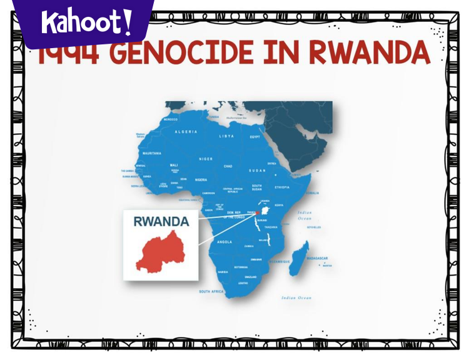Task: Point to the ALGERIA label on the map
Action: tap(186, 132)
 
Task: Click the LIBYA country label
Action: tap(226, 136)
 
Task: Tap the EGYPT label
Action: tap(255, 136)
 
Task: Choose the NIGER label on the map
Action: tap(206, 159)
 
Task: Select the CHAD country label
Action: tap(228, 166)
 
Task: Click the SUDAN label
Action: tap(258, 170)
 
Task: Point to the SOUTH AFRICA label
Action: tap(211, 291)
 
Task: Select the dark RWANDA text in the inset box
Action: tap(161, 221)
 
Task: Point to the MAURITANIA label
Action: tap(152, 153)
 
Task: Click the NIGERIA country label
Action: tap(201, 180)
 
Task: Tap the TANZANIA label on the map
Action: tap(271, 227)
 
